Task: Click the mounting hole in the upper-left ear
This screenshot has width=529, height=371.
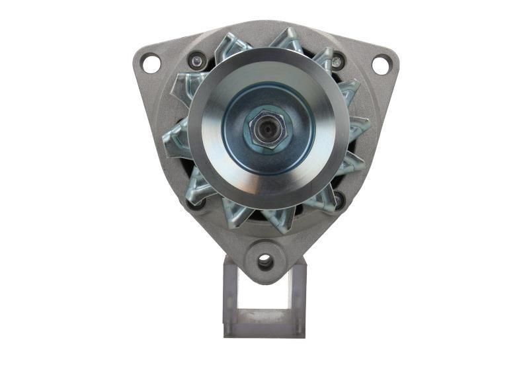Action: (151, 64)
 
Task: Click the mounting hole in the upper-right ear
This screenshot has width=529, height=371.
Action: (381, 64)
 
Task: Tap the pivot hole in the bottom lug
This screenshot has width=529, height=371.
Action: (265, 262)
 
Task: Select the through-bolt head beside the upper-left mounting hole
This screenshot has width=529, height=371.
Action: (196, 62)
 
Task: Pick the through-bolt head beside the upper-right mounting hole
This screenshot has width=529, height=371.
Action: (337, 62)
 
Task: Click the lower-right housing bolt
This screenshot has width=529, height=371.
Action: (339, 199)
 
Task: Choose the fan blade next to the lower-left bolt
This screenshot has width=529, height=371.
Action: (198, 188)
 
